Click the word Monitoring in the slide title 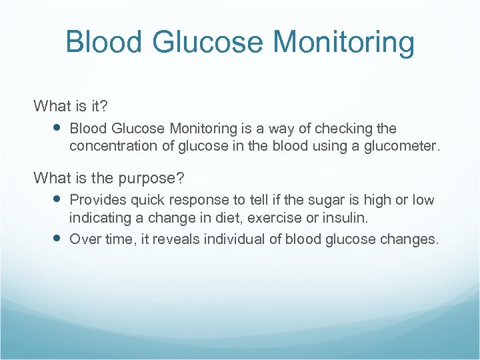[344, 43]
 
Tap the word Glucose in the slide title [211, 43]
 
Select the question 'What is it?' [71, 106]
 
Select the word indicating [100, 218]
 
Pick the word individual [233, 239]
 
